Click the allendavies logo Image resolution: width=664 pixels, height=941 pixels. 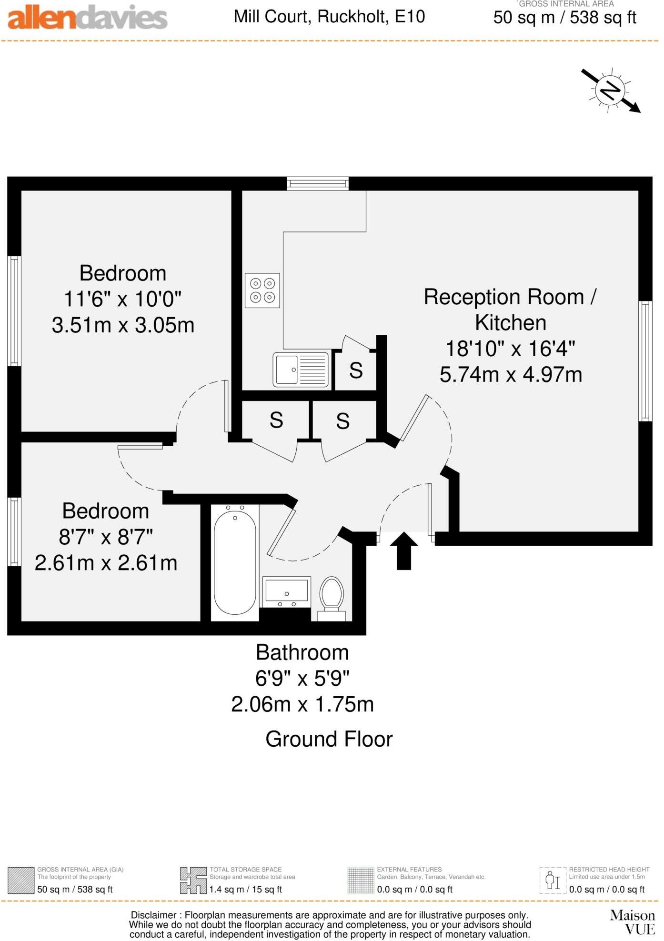pyautogui.click(x=88, y=18)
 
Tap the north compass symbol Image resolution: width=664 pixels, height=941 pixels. pyautogui.click(x=610, y=90)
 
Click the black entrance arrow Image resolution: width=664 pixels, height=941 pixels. pyautogui.click(x=404, y=551)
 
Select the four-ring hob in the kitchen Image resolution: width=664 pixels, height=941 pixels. pyautogui.click(x=262, y=290)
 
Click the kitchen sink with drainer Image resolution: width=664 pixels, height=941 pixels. pyautogui.click(x=301, y=370)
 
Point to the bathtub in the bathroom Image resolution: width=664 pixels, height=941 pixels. pyautogui.click(x=235, y=563)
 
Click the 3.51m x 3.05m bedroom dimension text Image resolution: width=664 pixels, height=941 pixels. pyautogui.click(x=123, y=325)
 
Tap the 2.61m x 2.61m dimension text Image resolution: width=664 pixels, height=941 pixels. pyautogui.click(x=106, y=563)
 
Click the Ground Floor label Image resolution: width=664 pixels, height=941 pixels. pyautogui.click(x=329, y=740)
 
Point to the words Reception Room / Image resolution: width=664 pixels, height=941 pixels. pyautogui.click(x=510, y=297)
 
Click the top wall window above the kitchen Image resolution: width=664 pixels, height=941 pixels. pyautogui.click(x=318, y=184)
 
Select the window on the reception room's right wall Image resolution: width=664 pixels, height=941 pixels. pyautogui.click(x=645, y=361)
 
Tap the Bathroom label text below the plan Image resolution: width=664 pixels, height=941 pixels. pyautogui.click(x=302, y=652)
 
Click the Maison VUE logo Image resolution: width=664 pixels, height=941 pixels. pyautogui.click(x=633, y=921)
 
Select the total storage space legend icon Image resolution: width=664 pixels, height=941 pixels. pyautogui.click(x=193, y=880)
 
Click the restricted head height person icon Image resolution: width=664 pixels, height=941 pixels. pyautogui.click(x=553, y=880)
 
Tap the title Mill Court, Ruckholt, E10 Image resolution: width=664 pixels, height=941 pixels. pyautogui.click(x=329, y=17)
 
